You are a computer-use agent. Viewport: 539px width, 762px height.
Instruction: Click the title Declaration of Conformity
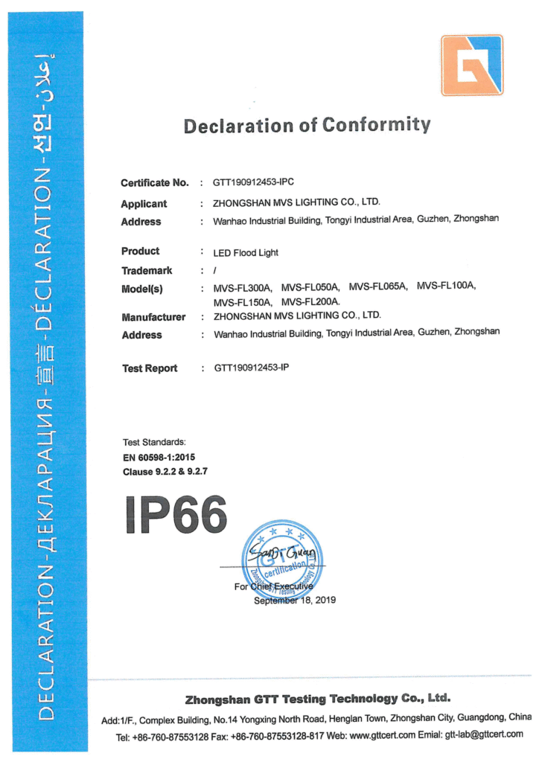pyautogui.click(x=307, y=125)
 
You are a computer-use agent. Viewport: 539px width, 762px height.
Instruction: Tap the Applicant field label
pyautogui.click(x=144, y=204)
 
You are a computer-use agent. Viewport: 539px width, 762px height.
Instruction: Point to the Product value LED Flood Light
pyautogui.click(x=246, y=253)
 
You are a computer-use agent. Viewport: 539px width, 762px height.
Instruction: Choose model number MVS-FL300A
pyautogui.click(x=243, y=288)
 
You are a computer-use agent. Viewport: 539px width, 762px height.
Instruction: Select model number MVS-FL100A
pyautogui.click(x=446, y=286)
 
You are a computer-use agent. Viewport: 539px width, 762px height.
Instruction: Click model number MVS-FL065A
pyautogui.click(x=378, y=287)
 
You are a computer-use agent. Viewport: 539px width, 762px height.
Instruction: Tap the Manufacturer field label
pyautogui.click(x=153, y=317)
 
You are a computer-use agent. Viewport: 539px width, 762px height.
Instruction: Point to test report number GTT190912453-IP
pyautogui.click(x=252, y=368)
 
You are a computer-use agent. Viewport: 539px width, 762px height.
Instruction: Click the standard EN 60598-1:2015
pyautogui.click(x=159, y=457)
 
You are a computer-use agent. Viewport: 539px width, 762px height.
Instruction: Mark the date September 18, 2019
pyautogui.click(x=295, y=601)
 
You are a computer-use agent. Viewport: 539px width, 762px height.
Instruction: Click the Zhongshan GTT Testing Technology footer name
pyautogui.click(x=317, y=699)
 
